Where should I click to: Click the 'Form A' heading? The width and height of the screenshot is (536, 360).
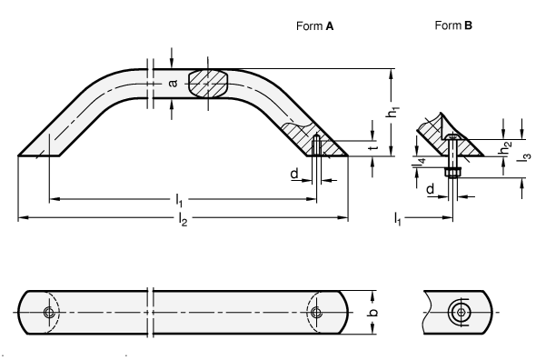[x=314, y=26]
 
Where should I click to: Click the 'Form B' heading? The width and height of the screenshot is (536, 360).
[x=453, y=25]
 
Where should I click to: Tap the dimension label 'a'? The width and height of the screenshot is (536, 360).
[x=174, y=83]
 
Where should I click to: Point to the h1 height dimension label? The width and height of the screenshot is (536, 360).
[x=393, y=112]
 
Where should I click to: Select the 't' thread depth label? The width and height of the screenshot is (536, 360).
[x=374, y=146]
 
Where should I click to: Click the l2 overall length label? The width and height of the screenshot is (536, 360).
[x=183, y=219]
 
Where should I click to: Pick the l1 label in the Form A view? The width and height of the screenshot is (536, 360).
[x=179, y=200]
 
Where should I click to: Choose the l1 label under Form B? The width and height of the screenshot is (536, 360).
[x=397, y=218]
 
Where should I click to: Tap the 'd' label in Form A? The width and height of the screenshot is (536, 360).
[x=294, y=174]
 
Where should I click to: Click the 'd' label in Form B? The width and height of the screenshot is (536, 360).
[x=431, y=188]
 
